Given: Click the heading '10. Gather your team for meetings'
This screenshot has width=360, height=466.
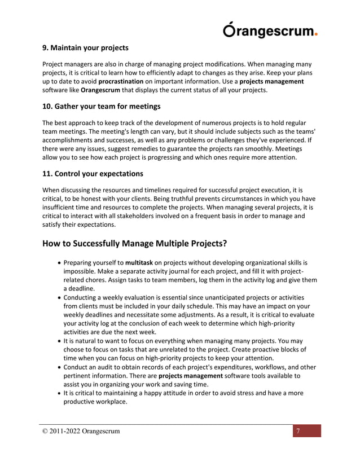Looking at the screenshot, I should (102, 106).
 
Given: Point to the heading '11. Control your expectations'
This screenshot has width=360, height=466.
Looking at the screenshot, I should (93, 173).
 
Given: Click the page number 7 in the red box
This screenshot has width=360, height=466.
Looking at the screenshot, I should (298, 432).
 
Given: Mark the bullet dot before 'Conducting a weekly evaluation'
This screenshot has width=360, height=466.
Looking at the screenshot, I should (60, 297).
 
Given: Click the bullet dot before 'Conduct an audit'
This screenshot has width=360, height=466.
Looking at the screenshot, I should (60, 367).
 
